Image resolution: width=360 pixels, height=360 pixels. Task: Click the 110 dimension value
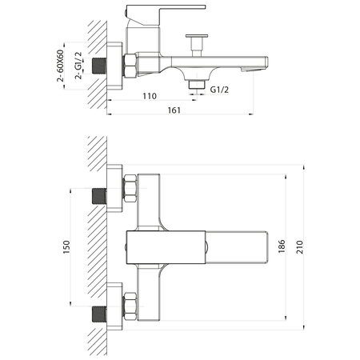(x=150, y=96)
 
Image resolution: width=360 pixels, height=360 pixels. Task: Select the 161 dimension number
(x=174, y=110)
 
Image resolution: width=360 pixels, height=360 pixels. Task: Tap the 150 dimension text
(x=66, y=247)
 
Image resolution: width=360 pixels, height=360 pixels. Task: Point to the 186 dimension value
(x=282, y=246)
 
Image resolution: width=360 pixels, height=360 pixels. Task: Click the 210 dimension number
(x=300, y=247)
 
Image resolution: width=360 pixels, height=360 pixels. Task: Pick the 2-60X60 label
(x=60, y=66)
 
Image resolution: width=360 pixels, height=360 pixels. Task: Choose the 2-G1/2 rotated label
(x=78, y=66)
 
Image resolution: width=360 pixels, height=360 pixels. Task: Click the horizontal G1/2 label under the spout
(x=219, y=90)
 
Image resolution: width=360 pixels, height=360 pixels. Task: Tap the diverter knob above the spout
(x=197, y=46)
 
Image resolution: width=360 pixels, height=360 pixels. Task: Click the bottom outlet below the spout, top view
(x=197, y=85)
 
